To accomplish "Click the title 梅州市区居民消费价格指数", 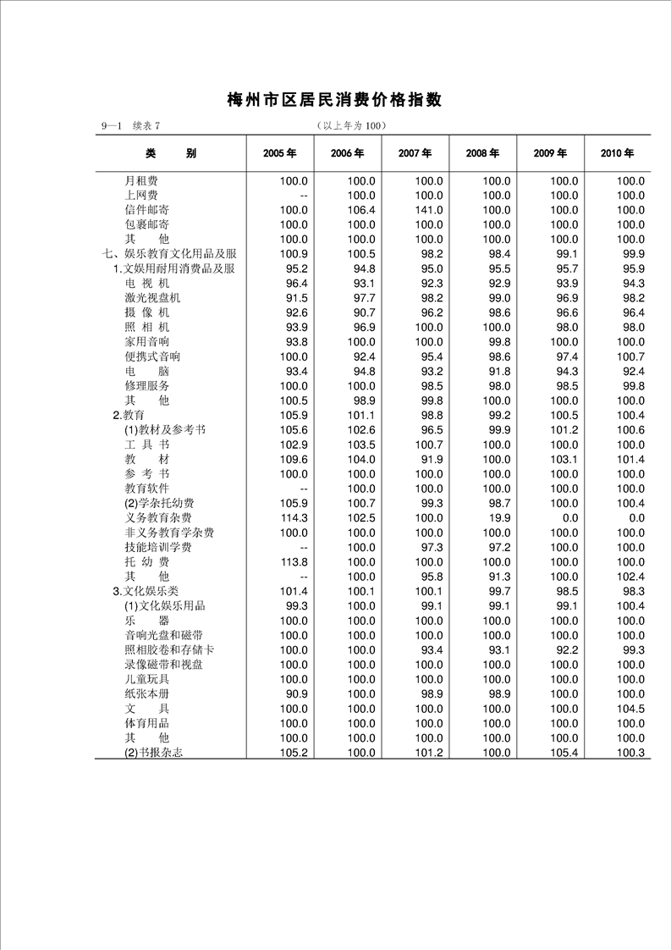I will point(335,100).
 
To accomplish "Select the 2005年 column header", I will point(279,153).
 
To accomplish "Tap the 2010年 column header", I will point(618,153).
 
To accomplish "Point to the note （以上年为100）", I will point(350,126).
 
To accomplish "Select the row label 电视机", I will point(147,284).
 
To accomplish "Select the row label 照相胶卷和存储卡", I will point(169,649).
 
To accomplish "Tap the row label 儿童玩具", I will point(147,679).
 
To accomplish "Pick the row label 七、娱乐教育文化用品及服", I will point(168,254).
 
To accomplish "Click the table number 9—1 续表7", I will point(129,126).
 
